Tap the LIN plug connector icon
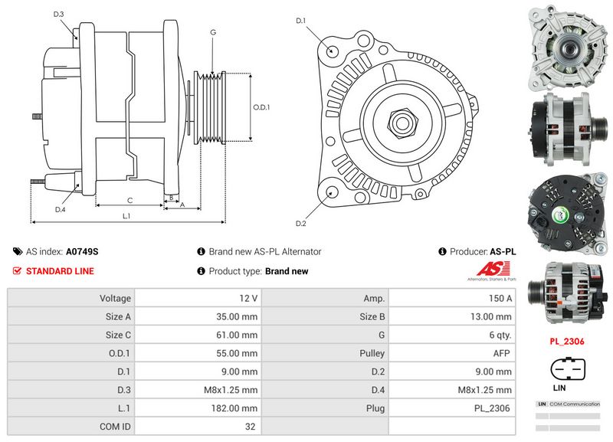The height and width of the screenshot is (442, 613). pyautogui.click(x=568, y=370)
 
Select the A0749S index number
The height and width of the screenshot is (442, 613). pyautogui.click(x=82, y=251)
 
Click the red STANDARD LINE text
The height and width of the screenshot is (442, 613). pyautogui.click(x=60, y=271)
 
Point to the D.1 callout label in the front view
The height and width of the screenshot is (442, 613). pyautogui.click(x=301, y=21)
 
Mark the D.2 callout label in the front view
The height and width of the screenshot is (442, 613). pyautogui.click(x=301, y=224)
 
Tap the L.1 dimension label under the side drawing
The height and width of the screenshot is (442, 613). pyautogui.click(x=127, y=216)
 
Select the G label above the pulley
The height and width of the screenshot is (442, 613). pyautogui.click(x=212, y=32)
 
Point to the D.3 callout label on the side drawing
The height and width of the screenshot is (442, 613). pyautogui.click(x=59, y=15)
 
